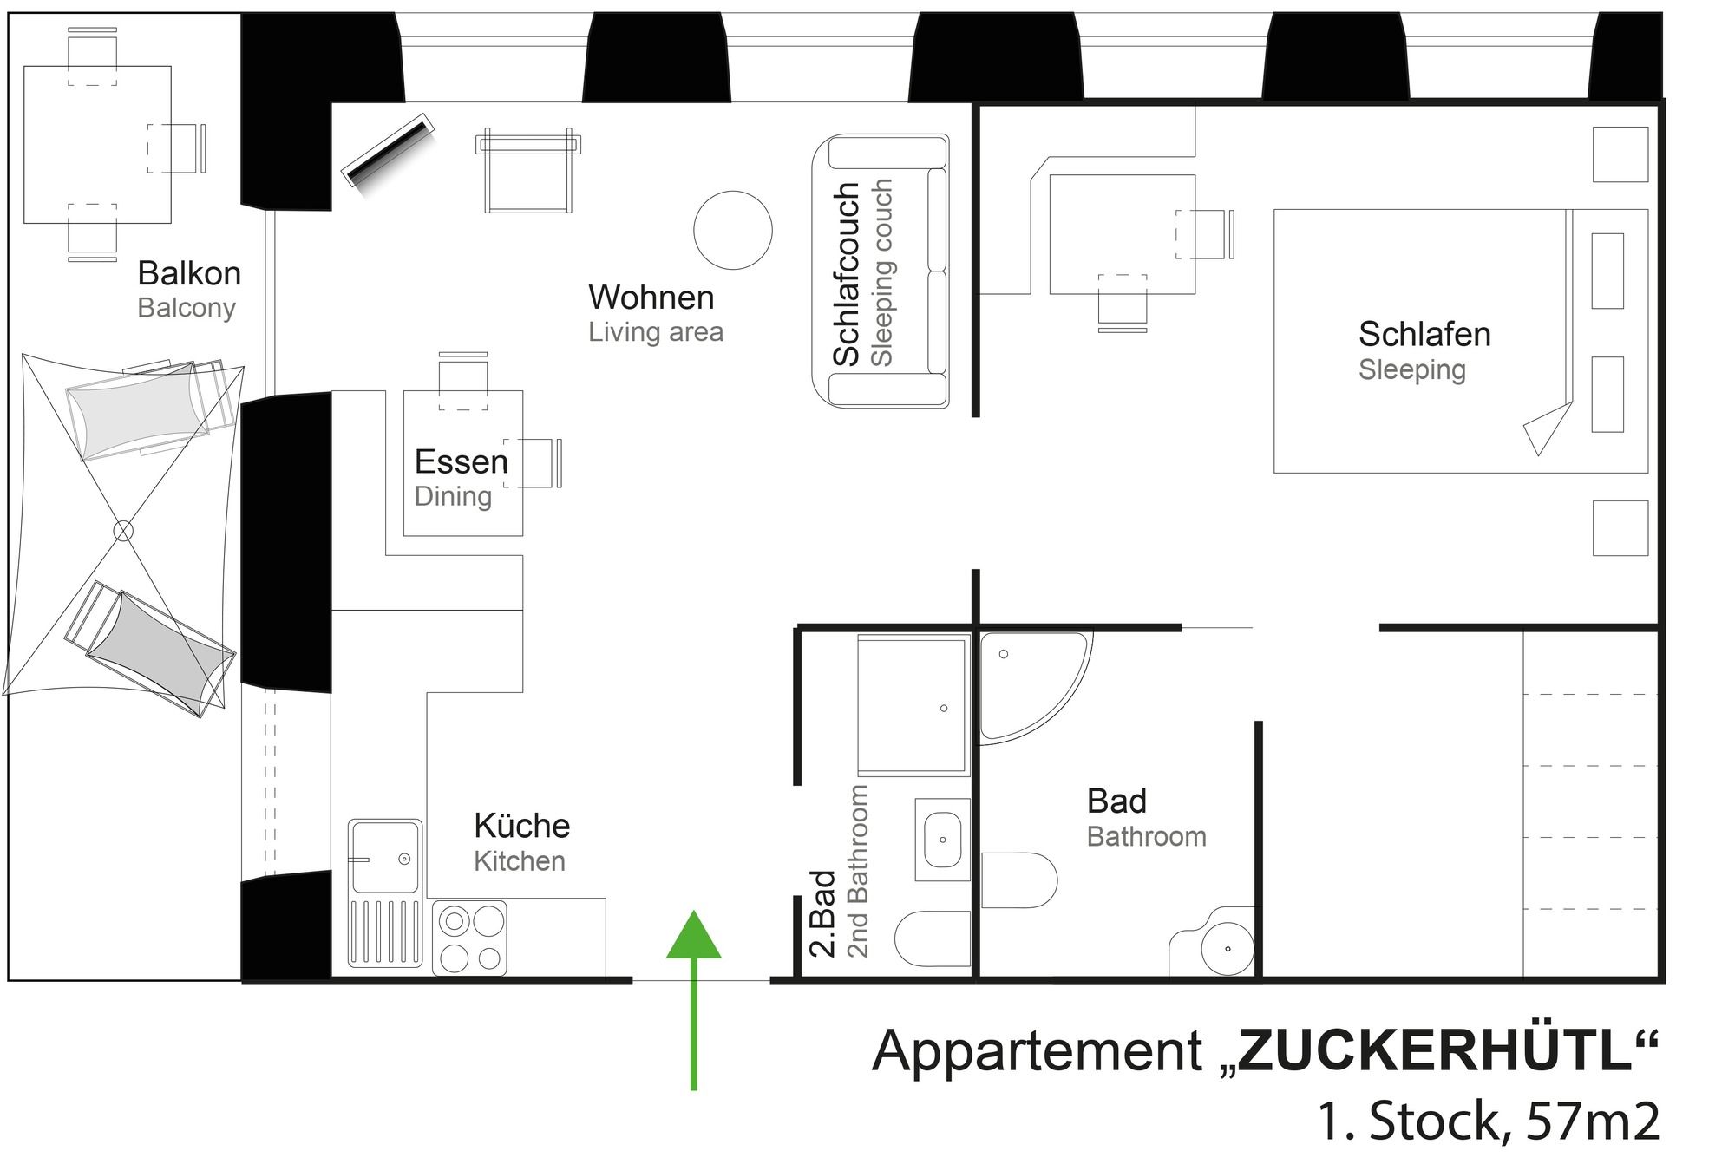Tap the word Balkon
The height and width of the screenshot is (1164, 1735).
click(189, 273)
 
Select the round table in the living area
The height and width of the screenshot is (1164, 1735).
click(733, 230)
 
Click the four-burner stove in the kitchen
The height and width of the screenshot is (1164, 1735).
click(469, 938)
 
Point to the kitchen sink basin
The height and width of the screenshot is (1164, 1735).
click(384, 857)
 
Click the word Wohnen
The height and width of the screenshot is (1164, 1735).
click(651, 298)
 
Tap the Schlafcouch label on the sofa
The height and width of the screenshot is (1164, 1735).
click(846, 274)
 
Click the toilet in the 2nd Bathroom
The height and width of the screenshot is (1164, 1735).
click(932, 938)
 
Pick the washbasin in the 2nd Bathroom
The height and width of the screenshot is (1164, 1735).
click(942, 840)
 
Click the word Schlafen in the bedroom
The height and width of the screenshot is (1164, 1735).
click(1424, 334)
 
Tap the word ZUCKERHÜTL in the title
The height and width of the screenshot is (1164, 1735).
click(1436, 1051)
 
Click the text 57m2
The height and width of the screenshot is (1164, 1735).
click(1593, 1121)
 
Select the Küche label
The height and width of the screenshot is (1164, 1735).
click(522, 826)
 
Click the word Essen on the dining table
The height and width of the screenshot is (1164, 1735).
click(462, 461)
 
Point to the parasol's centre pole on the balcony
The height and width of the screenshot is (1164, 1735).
click(124, 530)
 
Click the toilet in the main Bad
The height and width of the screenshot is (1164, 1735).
click(1019, 880)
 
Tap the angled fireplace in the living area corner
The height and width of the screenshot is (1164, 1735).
click(388, 149)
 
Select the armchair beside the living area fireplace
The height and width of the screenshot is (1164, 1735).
click(527, 171)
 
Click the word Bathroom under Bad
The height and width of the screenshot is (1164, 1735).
click(1147, 836)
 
